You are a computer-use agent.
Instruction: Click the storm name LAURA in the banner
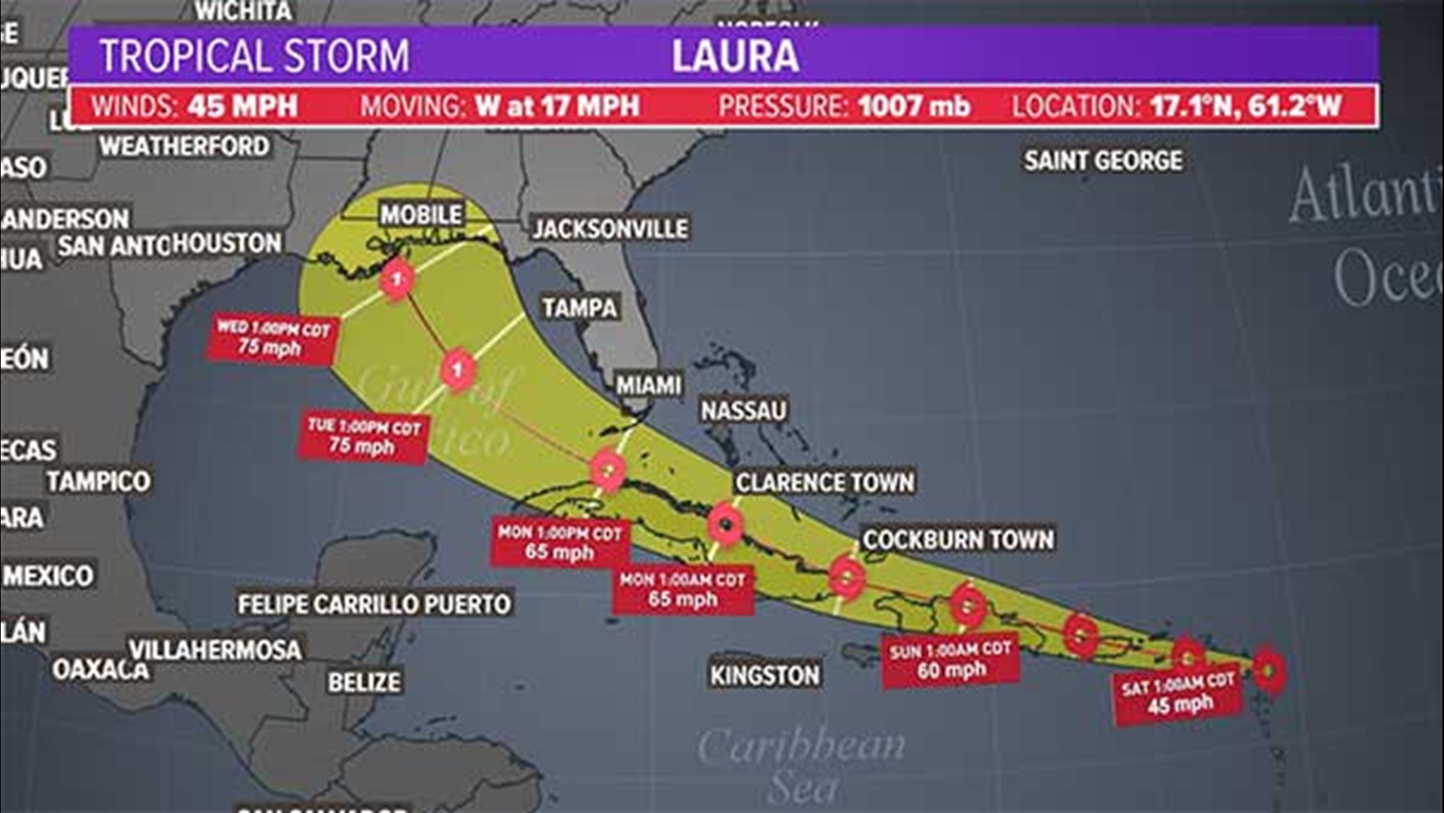pyautogui.click(x=735, y=56)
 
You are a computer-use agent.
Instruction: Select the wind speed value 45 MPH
pyautogui.click(x=243, y=106)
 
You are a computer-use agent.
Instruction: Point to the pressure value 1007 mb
pyautogui.click(x=914, y=106)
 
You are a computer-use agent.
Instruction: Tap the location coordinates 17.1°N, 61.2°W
pyautogui.click(x=1245, y=106)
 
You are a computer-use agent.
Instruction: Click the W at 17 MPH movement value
pyautogui.click(x=557, y=106)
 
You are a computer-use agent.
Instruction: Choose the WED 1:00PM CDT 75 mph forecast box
pyautogui.click(x=272, y=338)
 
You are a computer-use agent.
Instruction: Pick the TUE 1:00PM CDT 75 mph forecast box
pyautogui.click(x=363, y=437)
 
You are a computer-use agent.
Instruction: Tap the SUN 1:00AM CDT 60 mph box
pyautogui.click(x=951, y=660)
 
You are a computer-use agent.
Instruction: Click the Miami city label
pyautogui.click(x=649, y=385)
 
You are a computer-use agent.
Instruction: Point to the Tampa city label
pyautogui.click(x=580, y=307)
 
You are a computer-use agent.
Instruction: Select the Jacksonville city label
pyautogui.click(x=610, y=229)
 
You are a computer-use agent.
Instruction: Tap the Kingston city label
pyautogui.click(x=765, y=675)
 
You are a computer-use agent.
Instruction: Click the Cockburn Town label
pyautogui.click(x=958, y=539)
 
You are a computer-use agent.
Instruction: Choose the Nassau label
pyautogui.click(x=744, y=410)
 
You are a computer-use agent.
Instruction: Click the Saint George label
pyautogui.click(x=1103, y=160)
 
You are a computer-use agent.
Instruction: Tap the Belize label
pyautogui.click(x=364, y=682)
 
